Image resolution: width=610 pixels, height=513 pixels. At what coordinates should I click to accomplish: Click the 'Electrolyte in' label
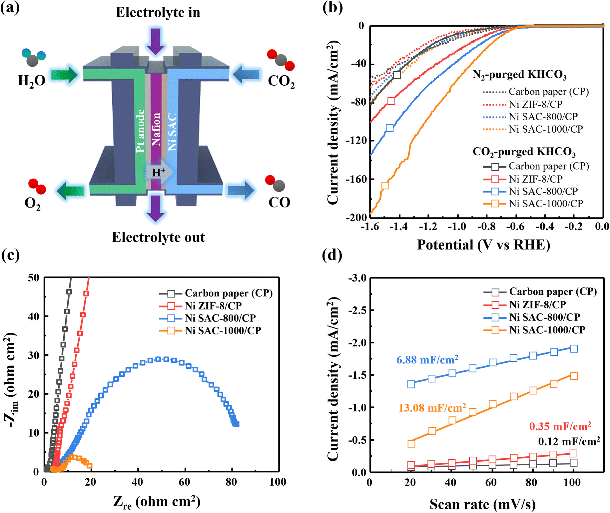158,12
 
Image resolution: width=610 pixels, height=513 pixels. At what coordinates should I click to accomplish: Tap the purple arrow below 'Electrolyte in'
156,41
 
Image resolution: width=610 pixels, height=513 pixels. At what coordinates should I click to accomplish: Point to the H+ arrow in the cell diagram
160,172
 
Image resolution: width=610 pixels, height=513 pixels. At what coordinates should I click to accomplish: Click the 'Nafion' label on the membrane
156,129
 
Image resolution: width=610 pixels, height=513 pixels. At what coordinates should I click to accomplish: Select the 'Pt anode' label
140,131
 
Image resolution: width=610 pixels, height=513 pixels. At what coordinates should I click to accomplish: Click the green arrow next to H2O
64,75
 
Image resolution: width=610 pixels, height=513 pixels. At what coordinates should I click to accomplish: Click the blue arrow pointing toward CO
241,190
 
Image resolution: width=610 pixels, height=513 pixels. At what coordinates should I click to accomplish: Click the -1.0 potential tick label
456,227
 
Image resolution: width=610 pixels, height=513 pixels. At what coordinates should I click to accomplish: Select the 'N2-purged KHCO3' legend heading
519,75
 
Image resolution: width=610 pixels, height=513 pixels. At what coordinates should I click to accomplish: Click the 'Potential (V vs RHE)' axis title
483,245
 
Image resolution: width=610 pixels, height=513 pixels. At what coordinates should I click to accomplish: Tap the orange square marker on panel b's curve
385,186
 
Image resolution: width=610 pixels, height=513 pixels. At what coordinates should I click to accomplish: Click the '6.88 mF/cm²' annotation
427,360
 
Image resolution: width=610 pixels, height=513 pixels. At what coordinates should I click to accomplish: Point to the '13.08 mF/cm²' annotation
432,407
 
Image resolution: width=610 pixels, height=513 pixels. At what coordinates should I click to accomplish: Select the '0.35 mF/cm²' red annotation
560,426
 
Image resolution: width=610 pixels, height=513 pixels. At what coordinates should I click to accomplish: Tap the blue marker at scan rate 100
574,348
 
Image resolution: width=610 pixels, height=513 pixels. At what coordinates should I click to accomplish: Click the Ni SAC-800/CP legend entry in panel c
208,318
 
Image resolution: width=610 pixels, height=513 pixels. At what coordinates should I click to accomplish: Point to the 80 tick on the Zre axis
231,482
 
